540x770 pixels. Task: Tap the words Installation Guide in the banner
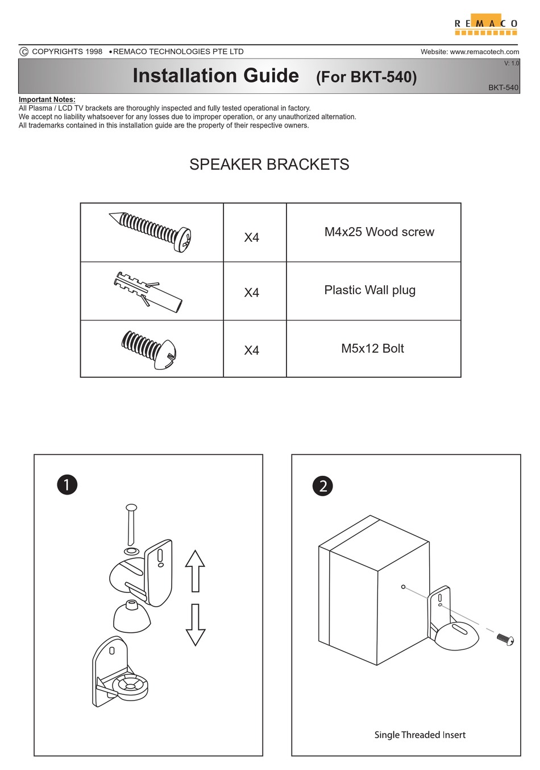point(215,76)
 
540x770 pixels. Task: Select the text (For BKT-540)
point(366,77)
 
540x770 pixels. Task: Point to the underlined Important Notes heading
point(47,100)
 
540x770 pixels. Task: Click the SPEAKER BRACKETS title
point(269,164)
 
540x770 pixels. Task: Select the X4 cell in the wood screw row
point(251,237)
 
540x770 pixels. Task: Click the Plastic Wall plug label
point(369,290)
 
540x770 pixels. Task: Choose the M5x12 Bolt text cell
point(372,348)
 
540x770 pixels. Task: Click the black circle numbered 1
point(67,485)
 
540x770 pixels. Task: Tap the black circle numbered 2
point(323,486)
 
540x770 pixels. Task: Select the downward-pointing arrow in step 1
point(195,624)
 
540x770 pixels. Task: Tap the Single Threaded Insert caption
point(419,735)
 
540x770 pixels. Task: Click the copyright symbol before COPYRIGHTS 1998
point(24,52)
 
